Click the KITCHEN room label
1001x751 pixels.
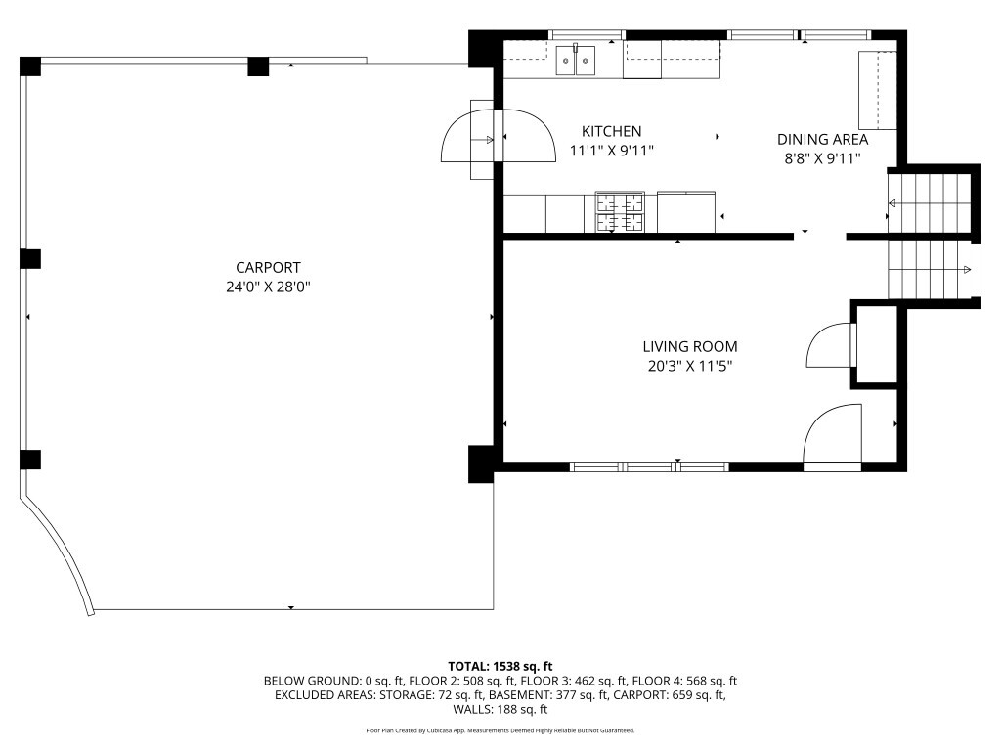(x=611, y=131)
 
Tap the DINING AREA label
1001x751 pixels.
(x=822, y=139)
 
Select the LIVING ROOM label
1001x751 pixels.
(x=689, y=347)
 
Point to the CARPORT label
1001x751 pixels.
(x=268, y=268)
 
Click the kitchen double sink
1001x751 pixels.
(x=575, y=60)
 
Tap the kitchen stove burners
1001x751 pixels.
(x=619, y=211)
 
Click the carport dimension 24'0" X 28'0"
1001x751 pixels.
(x=268, y=287)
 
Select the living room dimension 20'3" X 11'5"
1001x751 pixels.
(x=689, y=367)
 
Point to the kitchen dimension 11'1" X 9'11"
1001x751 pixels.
(x=611, y=151)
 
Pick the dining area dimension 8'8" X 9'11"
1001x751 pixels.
(x=822, y=158)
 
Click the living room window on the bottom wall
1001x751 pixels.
(x=649, y=466)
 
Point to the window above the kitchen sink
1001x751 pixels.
(x=587, y=35)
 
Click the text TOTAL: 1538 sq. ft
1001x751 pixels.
(x=500, y=667)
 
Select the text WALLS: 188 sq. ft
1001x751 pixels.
(x=500, y=709)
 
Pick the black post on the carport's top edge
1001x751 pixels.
(x=258, y=66)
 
